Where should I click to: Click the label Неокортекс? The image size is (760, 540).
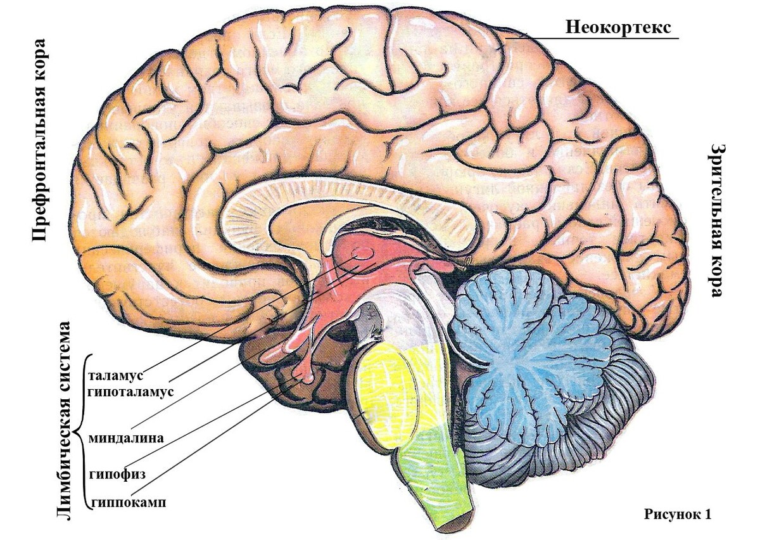point(618,27)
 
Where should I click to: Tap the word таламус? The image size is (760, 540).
point(116,376)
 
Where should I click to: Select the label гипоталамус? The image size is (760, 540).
point(130,392)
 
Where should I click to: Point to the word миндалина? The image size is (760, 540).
point(126,438)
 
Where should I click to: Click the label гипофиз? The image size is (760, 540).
point(117,474)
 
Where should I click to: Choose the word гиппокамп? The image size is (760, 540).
point(128,503)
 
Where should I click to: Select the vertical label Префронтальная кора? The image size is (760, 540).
point(39,140)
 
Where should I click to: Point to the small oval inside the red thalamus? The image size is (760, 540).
point(362,254)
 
